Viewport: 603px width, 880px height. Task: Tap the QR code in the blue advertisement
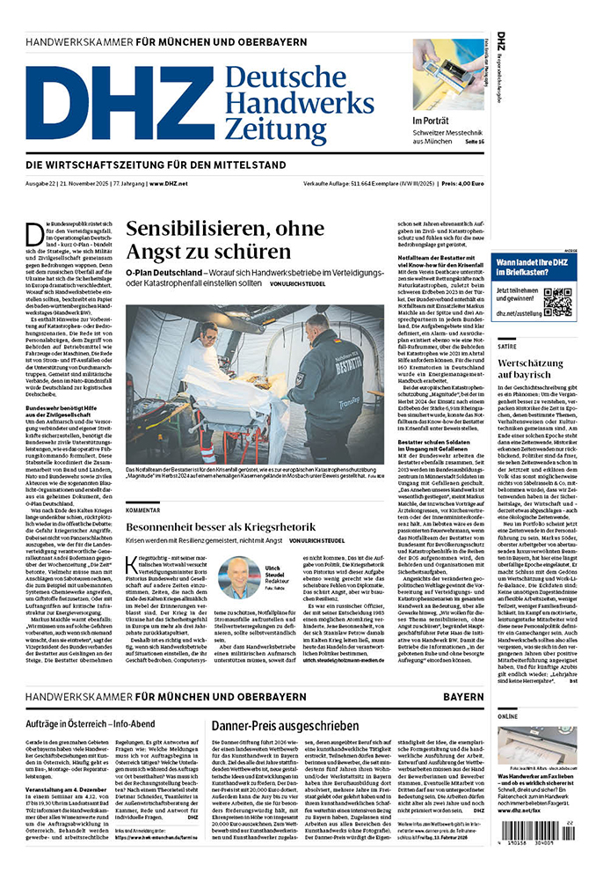click(x=556, y=301)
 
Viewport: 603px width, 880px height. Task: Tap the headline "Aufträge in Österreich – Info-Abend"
click(x=98, y=726)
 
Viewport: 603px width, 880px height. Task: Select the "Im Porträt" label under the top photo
click(x=432, y=121)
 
